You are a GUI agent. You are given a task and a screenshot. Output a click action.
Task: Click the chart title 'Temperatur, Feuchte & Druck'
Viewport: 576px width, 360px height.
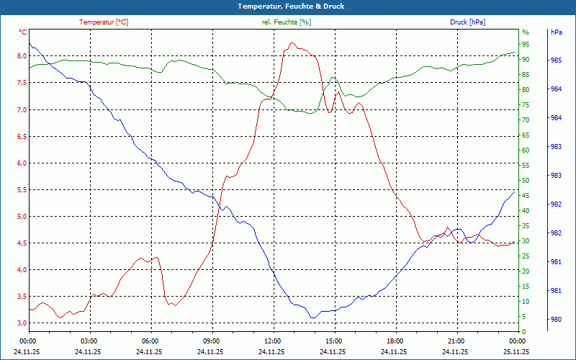coord(287,6)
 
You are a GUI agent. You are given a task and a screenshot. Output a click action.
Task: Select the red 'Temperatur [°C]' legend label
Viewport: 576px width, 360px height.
coord(104,22)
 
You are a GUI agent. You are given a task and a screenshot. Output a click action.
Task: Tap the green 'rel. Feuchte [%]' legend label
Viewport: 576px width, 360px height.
coord(287,22)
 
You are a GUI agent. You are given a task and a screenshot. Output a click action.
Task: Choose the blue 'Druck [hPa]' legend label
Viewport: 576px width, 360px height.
coord(467,22)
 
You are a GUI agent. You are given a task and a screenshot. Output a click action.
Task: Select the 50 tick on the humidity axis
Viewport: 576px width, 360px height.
coord(526,180)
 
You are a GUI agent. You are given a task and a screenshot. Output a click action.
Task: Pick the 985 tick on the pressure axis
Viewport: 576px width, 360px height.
coord(556,60)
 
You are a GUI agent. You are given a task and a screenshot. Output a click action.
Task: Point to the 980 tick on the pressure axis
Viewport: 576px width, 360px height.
coord(556,320)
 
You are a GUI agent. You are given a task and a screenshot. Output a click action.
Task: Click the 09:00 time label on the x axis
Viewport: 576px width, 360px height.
coord(211,341)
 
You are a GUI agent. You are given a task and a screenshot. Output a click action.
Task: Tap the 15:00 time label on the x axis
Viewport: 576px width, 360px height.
coord(333,341)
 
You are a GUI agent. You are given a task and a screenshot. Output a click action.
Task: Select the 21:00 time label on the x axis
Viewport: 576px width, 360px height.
coord(455,341)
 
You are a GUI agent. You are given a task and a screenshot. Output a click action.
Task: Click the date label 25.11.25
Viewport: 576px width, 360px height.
coord(516,351)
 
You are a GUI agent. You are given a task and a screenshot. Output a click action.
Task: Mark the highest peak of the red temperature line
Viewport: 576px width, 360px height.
coord(292,42)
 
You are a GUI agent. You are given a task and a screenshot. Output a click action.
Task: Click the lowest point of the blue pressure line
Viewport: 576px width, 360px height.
coord(312,318)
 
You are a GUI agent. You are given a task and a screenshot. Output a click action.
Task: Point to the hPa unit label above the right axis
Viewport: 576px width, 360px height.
coord(556,32)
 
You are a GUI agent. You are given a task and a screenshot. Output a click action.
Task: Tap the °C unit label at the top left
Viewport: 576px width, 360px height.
coord(23,32)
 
